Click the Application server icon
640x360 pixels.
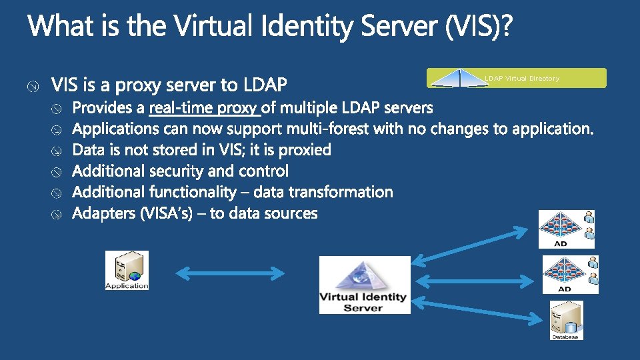127,270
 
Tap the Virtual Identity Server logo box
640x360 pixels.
364,285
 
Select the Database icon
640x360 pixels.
566,320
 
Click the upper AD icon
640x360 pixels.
566,229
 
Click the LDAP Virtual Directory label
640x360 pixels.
522,79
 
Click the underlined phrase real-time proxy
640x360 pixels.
204,107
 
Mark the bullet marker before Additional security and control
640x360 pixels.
58,172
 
